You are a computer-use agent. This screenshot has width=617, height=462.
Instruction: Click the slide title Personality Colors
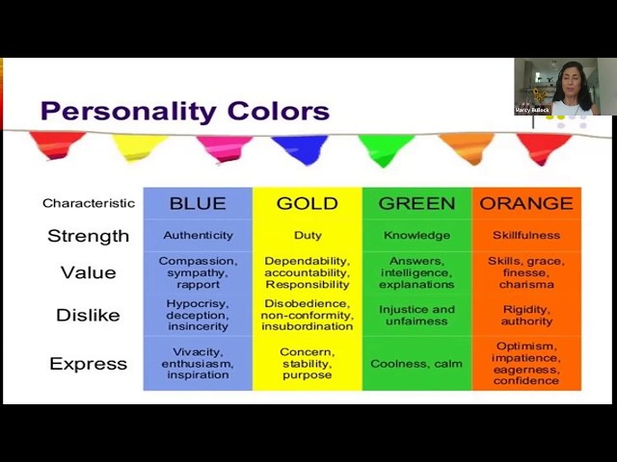184,111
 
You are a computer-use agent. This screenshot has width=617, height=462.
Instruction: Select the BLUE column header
198,203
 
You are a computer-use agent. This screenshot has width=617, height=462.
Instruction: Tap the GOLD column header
307,203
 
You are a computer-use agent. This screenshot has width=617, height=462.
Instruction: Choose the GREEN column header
416,203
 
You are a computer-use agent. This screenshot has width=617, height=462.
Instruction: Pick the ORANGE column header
525,203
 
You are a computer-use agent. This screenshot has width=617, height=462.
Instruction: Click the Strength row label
88,236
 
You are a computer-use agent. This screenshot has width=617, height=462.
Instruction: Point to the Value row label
88,272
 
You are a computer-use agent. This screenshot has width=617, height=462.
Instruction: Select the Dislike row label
88,315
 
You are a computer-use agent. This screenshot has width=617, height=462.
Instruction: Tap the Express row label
88,364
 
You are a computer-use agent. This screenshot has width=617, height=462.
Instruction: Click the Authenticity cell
198,236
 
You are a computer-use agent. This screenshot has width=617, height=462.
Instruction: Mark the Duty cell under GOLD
307,236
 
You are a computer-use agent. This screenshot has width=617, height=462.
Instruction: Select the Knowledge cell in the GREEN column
416,236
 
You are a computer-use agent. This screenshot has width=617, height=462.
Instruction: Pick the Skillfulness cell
526,236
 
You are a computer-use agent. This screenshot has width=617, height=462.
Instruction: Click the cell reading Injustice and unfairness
416,315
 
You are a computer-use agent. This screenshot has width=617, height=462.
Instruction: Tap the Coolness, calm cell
416,364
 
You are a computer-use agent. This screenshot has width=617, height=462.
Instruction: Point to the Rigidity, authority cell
526,315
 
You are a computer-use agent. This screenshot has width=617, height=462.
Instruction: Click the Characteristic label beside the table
88,203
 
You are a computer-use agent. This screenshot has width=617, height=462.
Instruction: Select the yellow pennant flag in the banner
139,147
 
